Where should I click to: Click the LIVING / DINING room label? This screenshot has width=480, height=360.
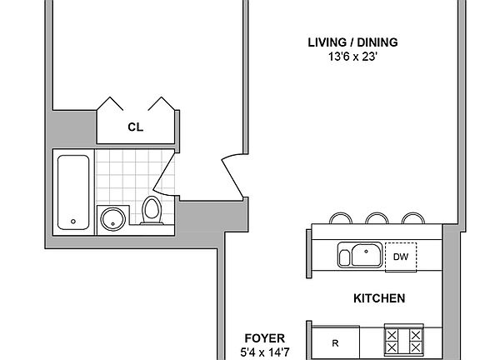[x=352, y=42]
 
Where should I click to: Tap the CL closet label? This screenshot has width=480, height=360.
[x=134, y=127]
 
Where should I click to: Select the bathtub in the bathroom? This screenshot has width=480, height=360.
[x=73, y=192]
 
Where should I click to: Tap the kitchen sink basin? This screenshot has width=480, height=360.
[x=363, y=255]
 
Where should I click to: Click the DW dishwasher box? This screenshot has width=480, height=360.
[x=400, y=257]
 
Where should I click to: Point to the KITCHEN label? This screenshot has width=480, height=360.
[x=379, y=297]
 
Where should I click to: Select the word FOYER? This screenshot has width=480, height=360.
[x=265, y=337]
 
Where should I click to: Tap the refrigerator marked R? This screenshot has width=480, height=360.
[x=335, y=342]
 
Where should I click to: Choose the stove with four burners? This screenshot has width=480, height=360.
[x=403, y=341]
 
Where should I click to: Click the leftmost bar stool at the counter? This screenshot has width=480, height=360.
[x=341, y=218]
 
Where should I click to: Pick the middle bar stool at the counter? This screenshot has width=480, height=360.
[x=377, y=218]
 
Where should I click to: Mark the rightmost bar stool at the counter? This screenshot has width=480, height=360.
[x=412, y=218]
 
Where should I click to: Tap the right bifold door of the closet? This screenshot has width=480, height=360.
[x=160, y=105]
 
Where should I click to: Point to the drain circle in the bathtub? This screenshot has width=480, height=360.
[x=73, y=222]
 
